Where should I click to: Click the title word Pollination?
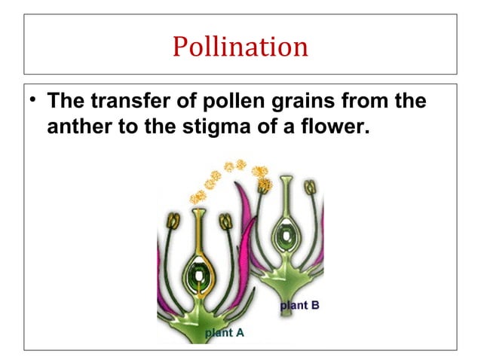[240, 46]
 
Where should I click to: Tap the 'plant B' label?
[300, 305]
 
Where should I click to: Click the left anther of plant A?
[173, 221]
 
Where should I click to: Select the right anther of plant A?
[225, 221]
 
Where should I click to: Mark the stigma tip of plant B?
[287, 182]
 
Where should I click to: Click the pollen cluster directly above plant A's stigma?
[198, 197]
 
